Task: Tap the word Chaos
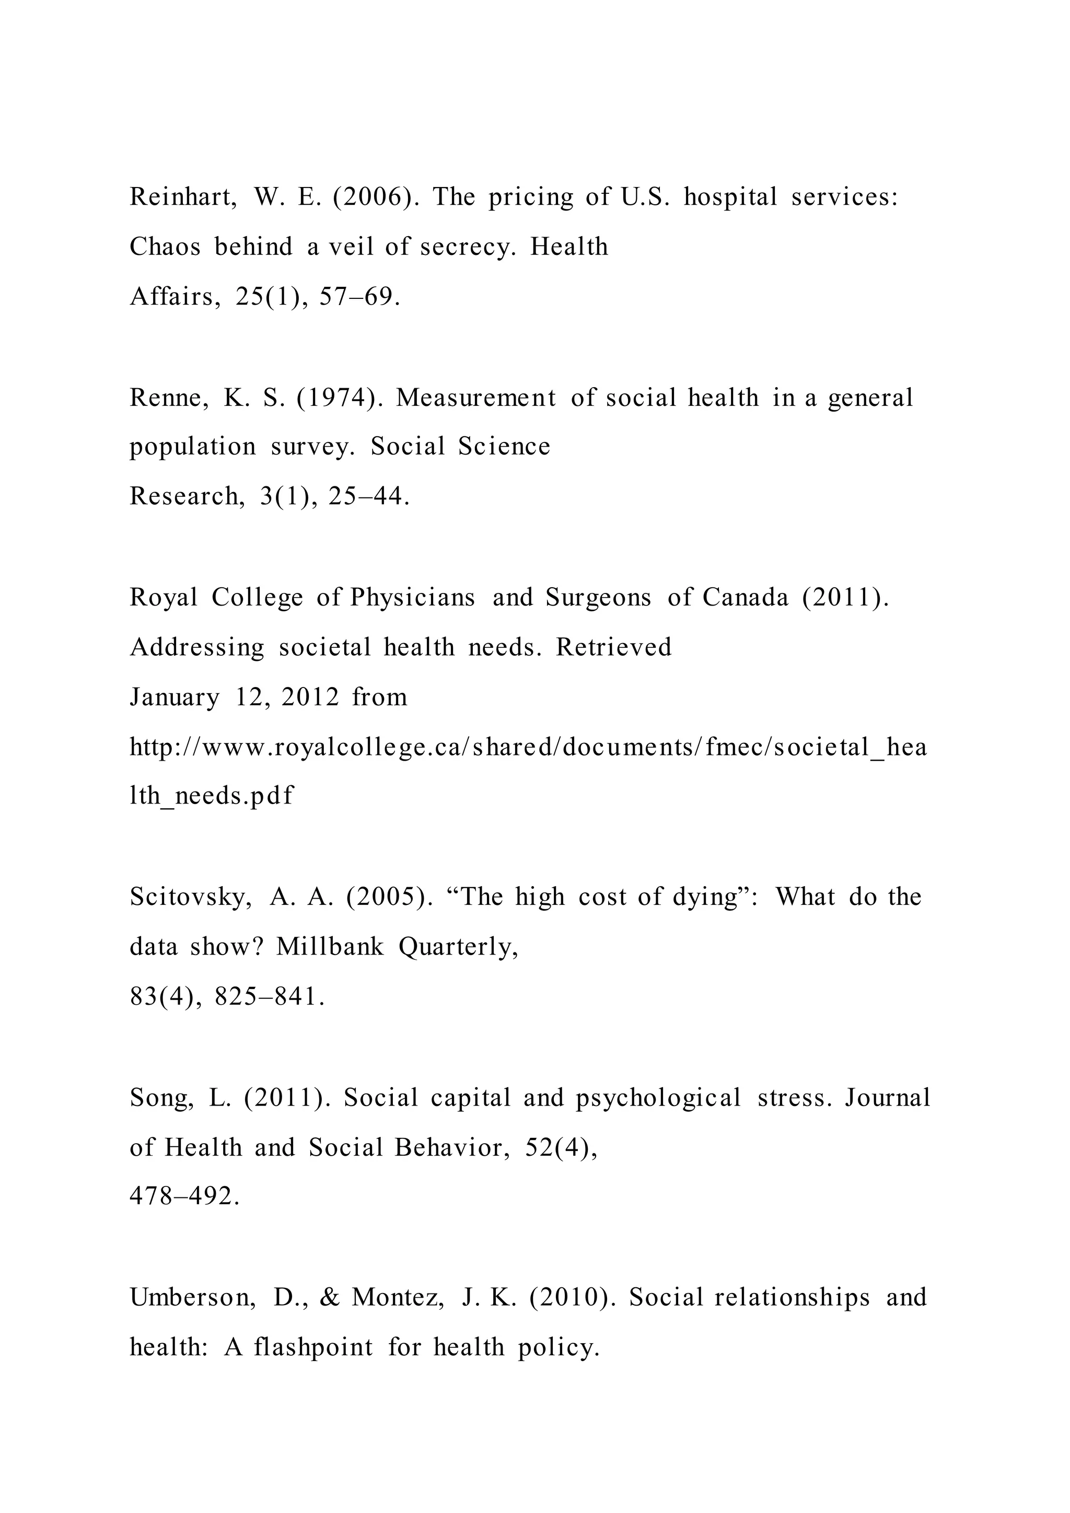click(x=165, y=247)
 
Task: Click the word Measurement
click(x=476, y=398)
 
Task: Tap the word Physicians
click(x=412, y=597)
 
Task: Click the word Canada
click(x=745, y=597)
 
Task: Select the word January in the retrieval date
click(x=175, y=697)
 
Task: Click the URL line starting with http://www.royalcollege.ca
click(x=528, y=747)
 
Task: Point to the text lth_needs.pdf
click(x=212, y=797)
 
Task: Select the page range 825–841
click(x=270, y=997)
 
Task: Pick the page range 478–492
click(x=185, y=1196)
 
